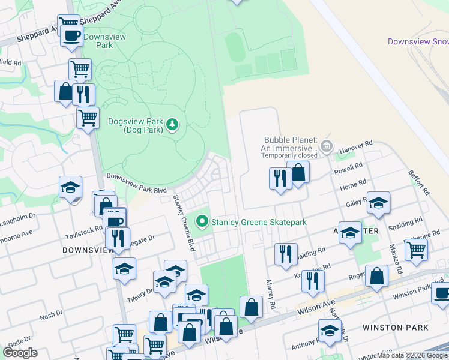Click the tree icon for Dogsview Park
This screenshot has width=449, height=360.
[173, 125]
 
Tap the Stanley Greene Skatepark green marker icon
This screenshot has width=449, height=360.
[202, 222]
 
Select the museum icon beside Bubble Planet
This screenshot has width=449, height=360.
[327, 145]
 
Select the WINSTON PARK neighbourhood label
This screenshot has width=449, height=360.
[396, 328]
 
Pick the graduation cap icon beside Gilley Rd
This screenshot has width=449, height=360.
[378, 203]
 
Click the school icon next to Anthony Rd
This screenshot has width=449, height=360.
[330, 330]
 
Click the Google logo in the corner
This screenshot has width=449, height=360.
[20, 352]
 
